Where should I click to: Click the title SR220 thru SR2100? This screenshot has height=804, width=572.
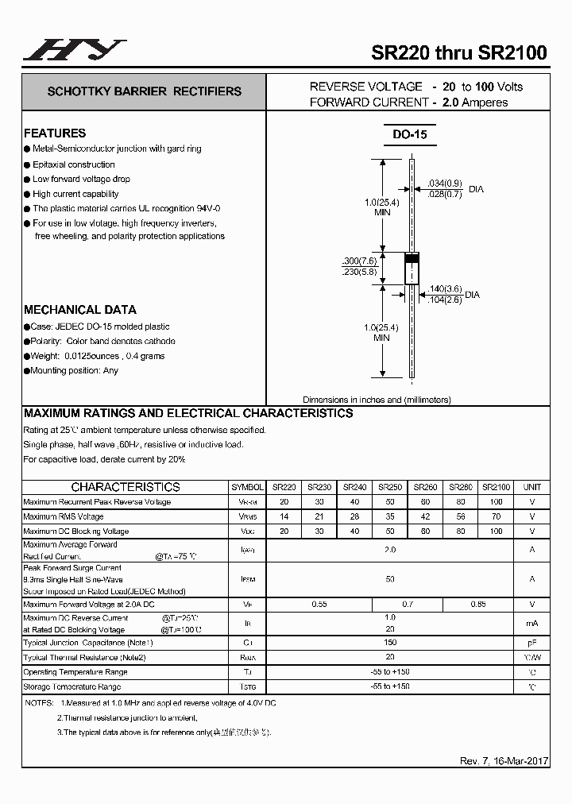click(459, 53)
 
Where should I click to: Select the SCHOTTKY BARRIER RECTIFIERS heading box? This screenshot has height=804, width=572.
click(144, 91)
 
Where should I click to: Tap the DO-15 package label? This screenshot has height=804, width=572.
click(409, 134)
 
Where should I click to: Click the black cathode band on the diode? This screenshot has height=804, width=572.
click(412, 258)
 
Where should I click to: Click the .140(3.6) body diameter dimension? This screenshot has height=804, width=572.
click(445, 289)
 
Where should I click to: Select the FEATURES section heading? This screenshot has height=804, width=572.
click(55, 133)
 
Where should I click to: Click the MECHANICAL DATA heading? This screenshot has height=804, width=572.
click(79, 310)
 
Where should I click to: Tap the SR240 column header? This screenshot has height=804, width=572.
click(354, 487)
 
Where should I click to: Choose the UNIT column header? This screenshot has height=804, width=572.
click(531, 487)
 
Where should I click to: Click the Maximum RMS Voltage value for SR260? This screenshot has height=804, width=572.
click(426, 516)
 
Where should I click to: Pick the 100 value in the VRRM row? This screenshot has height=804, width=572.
click(497, 502)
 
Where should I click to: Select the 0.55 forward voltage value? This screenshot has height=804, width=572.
click(319, 605)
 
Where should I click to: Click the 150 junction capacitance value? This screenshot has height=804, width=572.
click(389, 643)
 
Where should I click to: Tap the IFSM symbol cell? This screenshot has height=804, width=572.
click(248, 580)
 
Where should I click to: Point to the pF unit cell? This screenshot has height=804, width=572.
click(531, 643)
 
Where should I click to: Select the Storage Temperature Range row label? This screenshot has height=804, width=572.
click(72, 686)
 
